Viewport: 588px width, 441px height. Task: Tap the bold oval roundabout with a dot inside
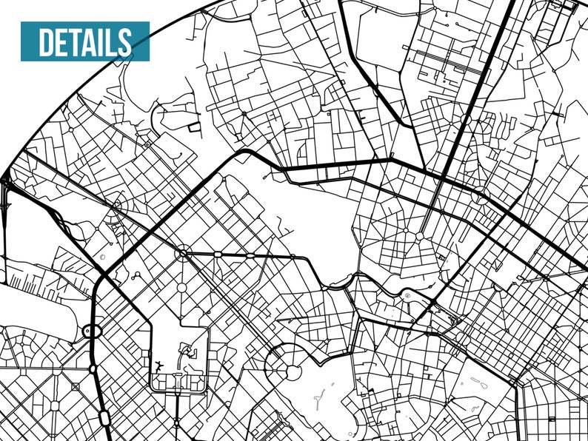[92, 332]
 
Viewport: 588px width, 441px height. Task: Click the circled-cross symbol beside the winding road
[407, 295]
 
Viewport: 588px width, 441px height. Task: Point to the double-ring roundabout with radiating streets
[182, 254]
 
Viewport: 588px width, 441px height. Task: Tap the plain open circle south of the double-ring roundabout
[181, 287]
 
